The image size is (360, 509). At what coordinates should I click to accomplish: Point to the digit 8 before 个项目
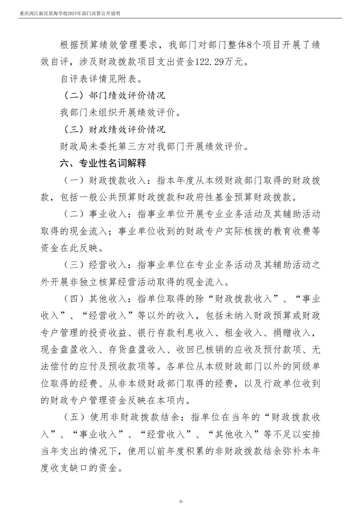point(248,45)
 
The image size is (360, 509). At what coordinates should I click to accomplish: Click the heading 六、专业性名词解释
point(103,163)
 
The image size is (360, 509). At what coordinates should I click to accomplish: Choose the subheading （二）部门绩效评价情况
point(113,96)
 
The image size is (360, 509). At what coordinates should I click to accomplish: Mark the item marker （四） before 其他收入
point(73,299)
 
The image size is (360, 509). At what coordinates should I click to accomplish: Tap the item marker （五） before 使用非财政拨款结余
point(73,417)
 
